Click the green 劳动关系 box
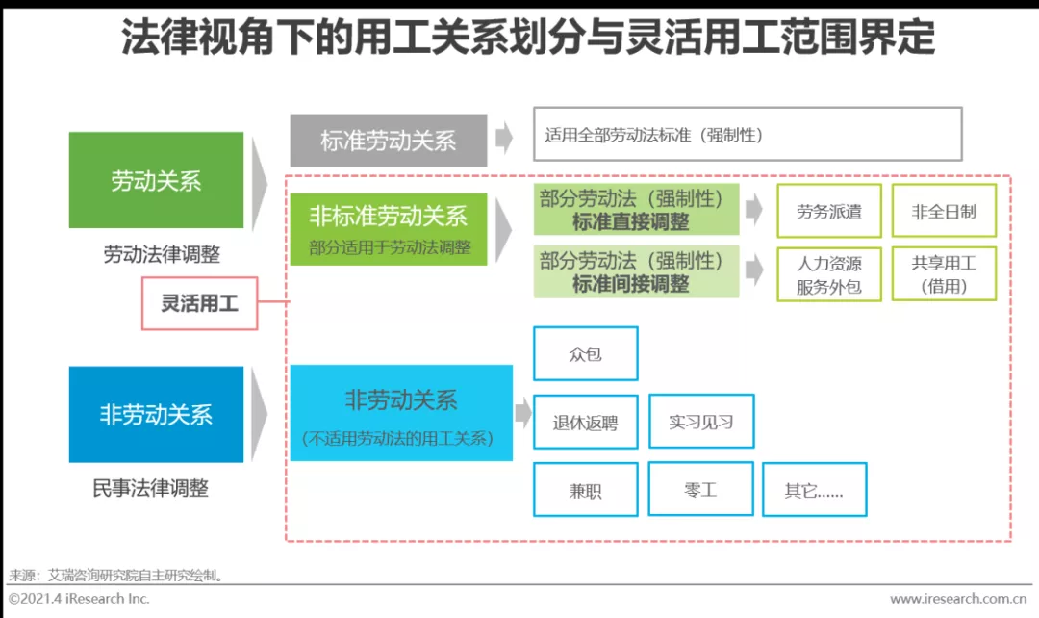point(156,180)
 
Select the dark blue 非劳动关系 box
point(156,414)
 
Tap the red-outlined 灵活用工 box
point(199,303)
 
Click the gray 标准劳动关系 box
point(388,141)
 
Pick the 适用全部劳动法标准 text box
point(747,134)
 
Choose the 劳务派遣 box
point(828,211)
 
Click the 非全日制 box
point(944,211)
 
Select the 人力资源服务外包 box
point(828,274)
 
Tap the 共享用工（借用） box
point(944,273)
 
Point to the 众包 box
point(585,353)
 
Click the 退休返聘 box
point(585,422)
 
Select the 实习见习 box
point(701,421)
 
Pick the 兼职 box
point(585,490)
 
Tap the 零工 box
point(699,489)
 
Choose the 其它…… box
point(814,490)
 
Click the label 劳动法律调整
point(162,254)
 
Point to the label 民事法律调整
point(150,488)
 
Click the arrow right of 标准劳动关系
point(504,140)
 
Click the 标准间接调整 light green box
point(636,272)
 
